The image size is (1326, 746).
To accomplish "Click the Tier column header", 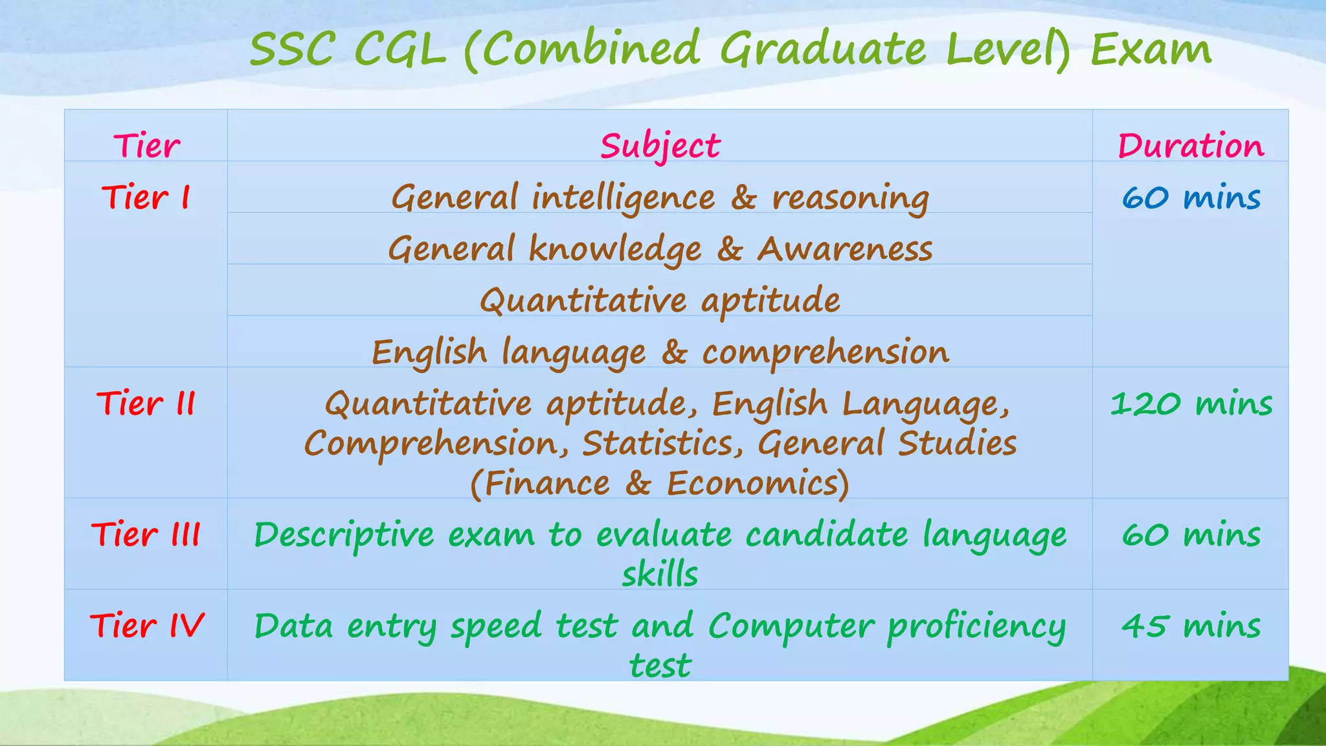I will click(x=146, y=146).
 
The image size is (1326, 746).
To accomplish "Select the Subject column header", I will click(x=660, y=146).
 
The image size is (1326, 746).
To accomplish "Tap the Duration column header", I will click(x=1190, y=146).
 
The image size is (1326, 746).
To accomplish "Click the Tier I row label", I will click(x=146, y=197).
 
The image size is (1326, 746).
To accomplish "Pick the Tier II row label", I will click(x=146, y=403).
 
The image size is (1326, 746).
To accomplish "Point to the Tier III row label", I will click(x=146, y=534).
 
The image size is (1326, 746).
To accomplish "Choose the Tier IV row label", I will click(x=146, y=626).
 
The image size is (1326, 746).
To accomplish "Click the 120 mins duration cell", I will click(x=1191, y=403).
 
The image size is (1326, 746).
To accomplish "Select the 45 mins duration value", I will click(x=1191, y=626).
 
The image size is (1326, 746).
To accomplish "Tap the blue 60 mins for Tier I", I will click(x=1191, y=197).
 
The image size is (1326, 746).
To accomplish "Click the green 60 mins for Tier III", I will click(x=1191, y=534).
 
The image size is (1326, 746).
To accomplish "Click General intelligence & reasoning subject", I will click(x=660, y=197).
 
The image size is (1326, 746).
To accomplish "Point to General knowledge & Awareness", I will click(x=660, y=249).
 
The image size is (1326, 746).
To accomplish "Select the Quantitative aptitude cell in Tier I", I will click(x=660, y=300).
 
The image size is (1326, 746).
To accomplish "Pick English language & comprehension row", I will click(x=660, y=352).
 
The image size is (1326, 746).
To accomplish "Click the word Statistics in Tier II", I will click(x=662, y=444).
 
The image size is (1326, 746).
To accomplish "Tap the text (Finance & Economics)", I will click(x=660, y=483).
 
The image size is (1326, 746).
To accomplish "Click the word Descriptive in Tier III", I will click(x=344, y=535).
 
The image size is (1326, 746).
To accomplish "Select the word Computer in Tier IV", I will click(x=791, y=626).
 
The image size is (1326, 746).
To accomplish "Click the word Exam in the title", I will click(x=1151, y=49).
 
